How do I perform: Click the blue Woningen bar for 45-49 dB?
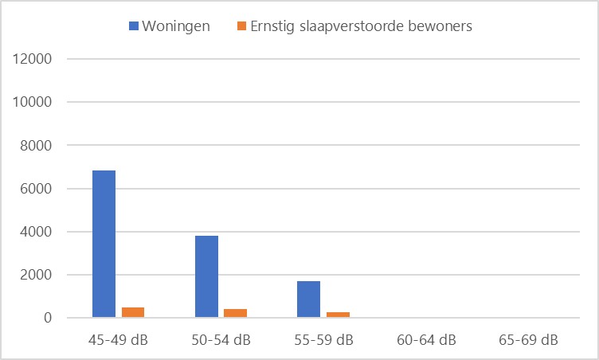point(104,244)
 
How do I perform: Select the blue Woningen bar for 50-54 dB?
point(206,276)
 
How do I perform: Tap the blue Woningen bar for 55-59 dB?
point(308,299)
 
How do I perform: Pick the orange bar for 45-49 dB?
point(133,312)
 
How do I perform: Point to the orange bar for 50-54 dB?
point(235,313)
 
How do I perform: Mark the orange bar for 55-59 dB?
point(338,315)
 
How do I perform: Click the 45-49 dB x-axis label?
point(118,340)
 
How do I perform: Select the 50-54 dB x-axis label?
point(221,340)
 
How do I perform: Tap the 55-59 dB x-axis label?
point(323,340)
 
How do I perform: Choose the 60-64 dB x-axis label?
point(425,340)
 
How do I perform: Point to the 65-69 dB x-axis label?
point(527,340)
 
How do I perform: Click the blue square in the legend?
point(132,26)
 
